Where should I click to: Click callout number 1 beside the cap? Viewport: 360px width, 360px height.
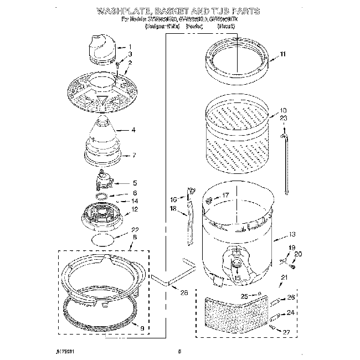tap(130, 47)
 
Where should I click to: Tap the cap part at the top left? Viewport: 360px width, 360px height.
tap(100, 47)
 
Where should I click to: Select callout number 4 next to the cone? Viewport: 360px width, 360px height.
tap(133, 130)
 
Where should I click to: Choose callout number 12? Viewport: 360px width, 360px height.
tap(133, 209)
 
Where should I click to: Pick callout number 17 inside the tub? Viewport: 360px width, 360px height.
tap(225, 196)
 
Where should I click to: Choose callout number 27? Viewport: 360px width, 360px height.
tap(286, 332)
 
